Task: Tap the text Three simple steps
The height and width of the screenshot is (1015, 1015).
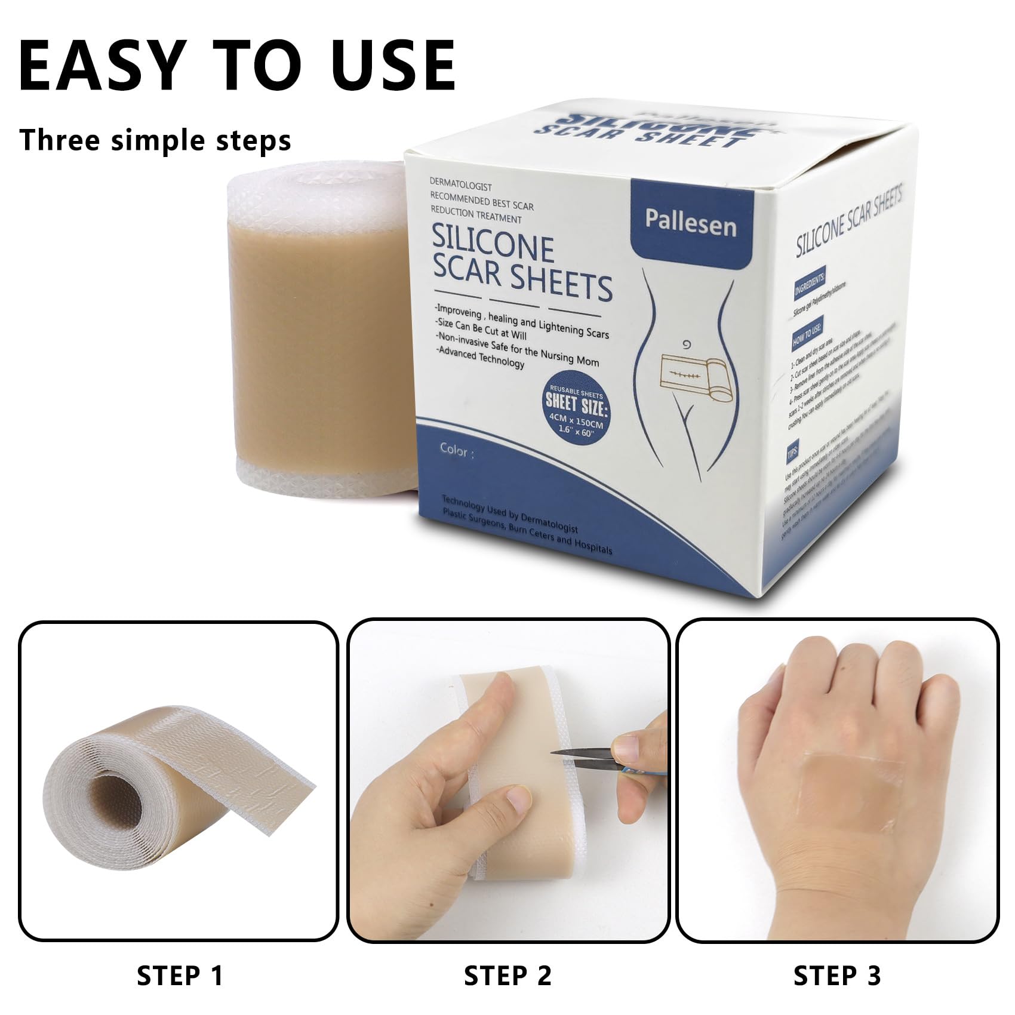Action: click(155, 140)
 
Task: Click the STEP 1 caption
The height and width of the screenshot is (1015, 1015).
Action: click(180, 976)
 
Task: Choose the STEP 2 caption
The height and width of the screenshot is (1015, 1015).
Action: click(507, 976)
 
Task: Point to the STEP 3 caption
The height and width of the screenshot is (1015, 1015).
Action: click(836, 976)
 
